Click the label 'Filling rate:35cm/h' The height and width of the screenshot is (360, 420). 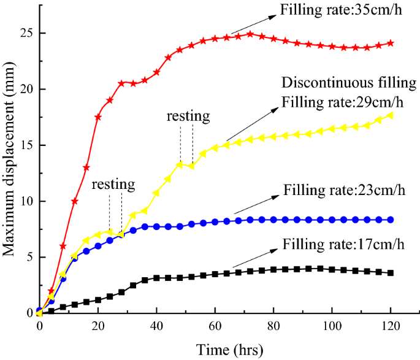[x=332, y=10]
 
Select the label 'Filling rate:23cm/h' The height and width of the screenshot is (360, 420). [x=344, y=186]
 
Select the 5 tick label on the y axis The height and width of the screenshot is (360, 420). [x=27, y=257]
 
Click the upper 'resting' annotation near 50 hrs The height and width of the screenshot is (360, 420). [x=188, y=115]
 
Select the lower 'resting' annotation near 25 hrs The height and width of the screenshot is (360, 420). [x=113, y=184]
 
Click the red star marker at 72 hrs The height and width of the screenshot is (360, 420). [x=250, y=34]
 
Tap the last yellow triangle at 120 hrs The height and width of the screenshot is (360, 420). [x=391, y=115]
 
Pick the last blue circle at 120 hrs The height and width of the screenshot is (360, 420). [x=391, y=220]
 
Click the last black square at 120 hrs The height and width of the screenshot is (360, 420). [x=391, y=273]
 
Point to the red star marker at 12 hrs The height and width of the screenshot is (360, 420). [x=75, y=201]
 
